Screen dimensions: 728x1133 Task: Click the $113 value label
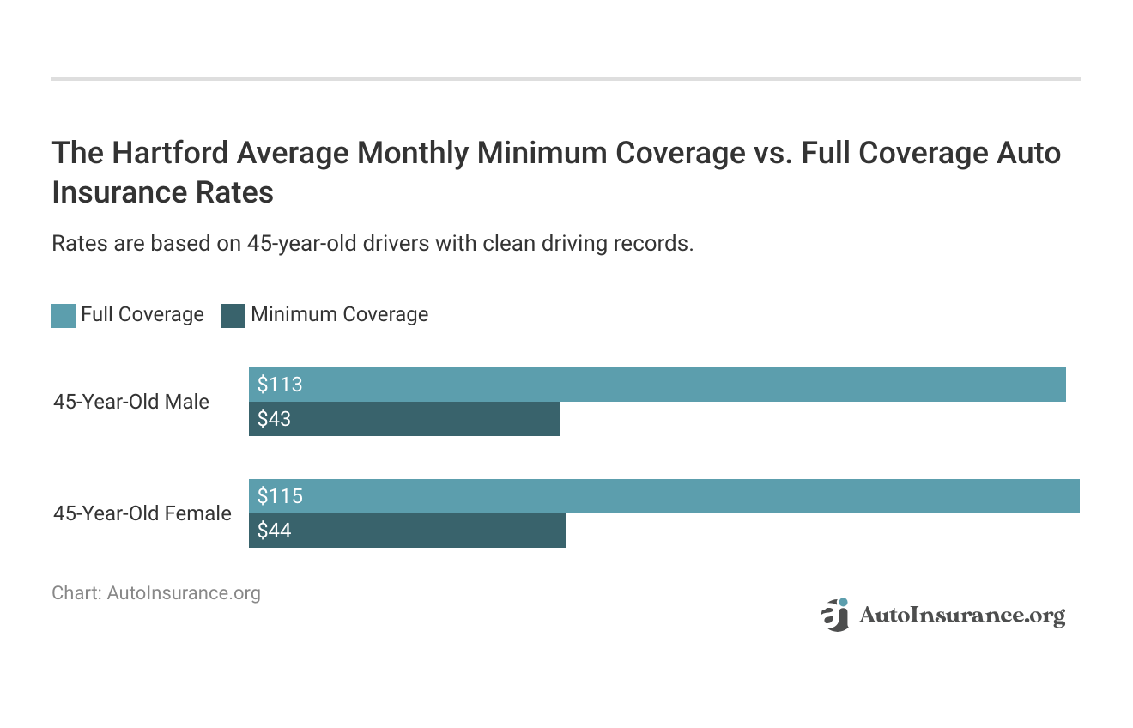(x=280, y=385)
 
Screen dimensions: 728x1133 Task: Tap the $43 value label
(x=274, y=420)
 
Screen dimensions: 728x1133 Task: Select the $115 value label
(x=280, y=496)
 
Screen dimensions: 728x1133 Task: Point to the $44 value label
(x=274, y=531)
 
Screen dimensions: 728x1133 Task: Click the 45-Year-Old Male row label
(x=131, y=402)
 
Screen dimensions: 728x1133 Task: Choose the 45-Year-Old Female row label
(x=142, y=513)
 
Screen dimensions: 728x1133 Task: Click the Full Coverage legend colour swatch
(x=64, y=315)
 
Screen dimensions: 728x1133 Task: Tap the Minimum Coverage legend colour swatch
(x=233, y=315)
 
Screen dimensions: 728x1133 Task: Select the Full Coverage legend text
(x=142, y=314)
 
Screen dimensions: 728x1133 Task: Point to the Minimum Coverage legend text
(x=339, y=314)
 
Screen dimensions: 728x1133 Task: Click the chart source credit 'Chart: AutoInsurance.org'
(x=155, y=592)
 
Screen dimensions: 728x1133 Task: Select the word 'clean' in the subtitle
(x=508, y=243)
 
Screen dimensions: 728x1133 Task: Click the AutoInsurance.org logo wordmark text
(x=961, y=616)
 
